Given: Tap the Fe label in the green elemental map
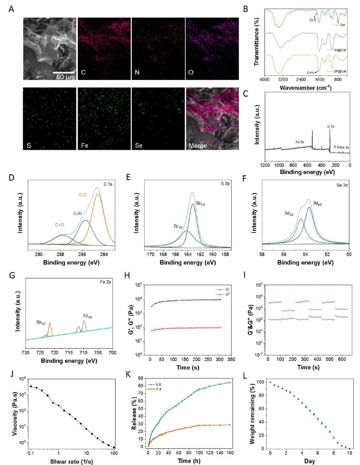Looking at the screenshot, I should (x=85, y=145).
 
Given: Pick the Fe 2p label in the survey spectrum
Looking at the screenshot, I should (x=301, y=142).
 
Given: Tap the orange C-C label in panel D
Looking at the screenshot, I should (x=83, y=195).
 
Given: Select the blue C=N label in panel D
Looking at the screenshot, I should (x=77, y=213).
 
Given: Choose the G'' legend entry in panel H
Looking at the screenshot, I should (x=219, y=295).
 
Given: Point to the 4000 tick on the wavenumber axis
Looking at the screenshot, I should (x=265, y=80).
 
